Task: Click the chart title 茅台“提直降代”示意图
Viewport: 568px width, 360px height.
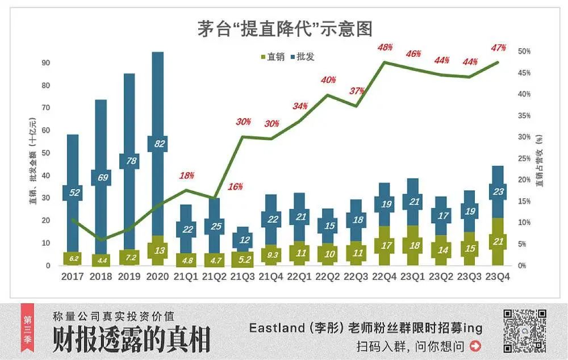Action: coord(285,28)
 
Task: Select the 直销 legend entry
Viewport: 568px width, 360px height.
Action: coord(273,56)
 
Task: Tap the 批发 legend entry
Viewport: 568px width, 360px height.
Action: coord(302,56)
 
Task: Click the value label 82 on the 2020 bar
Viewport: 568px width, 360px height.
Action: coord(157,144)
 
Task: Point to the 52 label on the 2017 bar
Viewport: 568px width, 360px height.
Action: coord(74,192)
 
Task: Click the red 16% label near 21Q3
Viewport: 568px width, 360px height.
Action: coord(236,186)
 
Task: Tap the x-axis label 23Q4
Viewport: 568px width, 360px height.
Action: coord(498,277)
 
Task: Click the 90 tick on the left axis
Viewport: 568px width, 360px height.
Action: coord(45,63)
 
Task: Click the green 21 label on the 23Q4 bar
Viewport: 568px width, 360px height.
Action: coord(498,242)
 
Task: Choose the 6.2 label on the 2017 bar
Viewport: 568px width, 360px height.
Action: coord(74,258)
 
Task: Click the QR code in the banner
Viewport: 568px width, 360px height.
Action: coord(525,331)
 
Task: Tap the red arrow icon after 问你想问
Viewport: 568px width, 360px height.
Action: coord(475,345)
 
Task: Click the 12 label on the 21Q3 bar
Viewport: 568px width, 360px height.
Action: coord(244,240)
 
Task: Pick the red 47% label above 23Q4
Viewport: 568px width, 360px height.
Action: coord(498,48)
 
